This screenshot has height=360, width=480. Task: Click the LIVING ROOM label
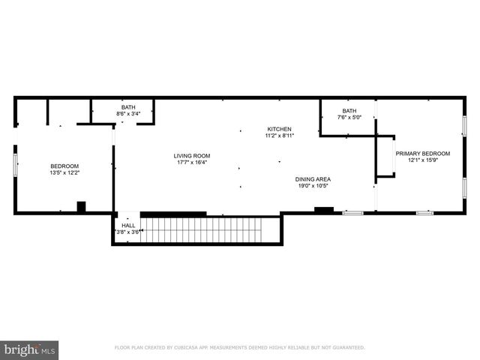[x=191, y=155]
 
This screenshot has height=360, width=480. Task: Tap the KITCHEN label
[x=278, y=129]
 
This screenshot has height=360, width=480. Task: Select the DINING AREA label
[x=313, y=178]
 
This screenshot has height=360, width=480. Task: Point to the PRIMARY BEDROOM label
[x=423, y=153]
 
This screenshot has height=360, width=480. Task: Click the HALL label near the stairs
[x=128, y=225]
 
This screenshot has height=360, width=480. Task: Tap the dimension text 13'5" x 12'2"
[x=64, y=172]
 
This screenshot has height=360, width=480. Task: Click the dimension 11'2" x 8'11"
[x=278, y=136]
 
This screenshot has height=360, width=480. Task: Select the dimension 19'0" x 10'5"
[x=313, y=185]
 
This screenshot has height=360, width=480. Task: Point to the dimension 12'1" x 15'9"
[x=423, y=160]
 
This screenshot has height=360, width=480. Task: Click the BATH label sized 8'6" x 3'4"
[x=128, y=106]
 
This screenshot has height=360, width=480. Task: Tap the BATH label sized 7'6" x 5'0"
[x=349, y=110]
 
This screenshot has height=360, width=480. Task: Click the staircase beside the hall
[x=210, y=229]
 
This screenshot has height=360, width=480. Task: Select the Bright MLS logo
[x=30, y=349]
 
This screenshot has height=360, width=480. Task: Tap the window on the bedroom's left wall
[x=14, y=166]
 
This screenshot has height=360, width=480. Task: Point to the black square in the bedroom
[x=81, y=207]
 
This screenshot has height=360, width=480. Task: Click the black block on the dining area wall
[x=323, y=209]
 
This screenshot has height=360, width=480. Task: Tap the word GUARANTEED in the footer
[x=347, y=348]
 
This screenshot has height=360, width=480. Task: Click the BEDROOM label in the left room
[x=64, y=166]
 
